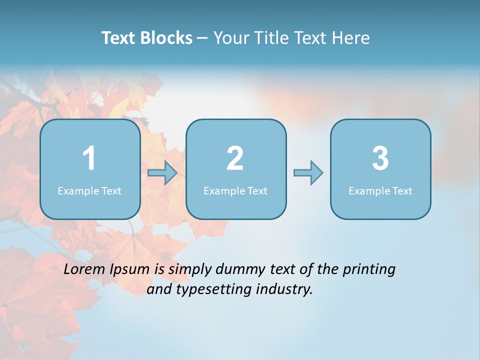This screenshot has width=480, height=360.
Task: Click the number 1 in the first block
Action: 89,158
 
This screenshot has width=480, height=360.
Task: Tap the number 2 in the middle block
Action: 235,158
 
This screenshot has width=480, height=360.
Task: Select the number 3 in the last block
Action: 380,158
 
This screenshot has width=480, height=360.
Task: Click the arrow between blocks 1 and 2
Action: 162,173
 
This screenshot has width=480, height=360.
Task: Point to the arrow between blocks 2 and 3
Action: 308,173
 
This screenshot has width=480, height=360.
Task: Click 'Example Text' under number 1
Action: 89,191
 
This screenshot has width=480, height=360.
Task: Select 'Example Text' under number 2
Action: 235,191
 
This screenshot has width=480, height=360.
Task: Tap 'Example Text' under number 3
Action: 380,191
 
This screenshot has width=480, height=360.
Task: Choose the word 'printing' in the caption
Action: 369,270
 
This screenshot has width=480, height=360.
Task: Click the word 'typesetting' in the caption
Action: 207,289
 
